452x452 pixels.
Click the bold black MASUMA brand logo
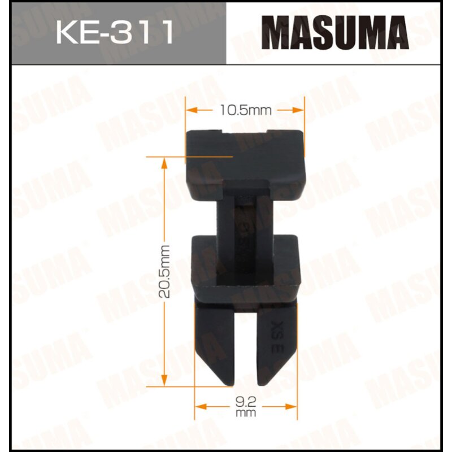coord(337,33)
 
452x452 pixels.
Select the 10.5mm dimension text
coord(246,111)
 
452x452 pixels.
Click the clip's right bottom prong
coord(276,339)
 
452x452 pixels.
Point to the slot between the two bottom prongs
coord(246,350)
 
